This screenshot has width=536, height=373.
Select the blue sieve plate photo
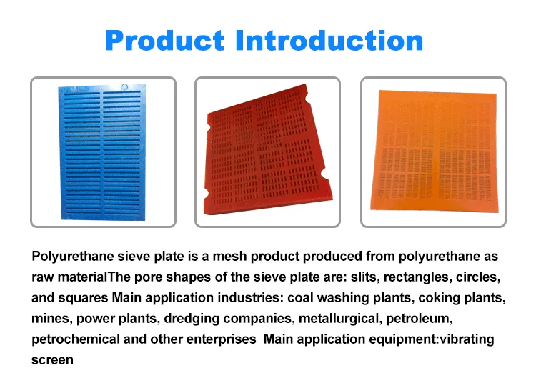click(101, 152)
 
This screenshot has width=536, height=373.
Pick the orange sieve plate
click(433, 151)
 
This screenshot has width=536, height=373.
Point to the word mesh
click(219, 257)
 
